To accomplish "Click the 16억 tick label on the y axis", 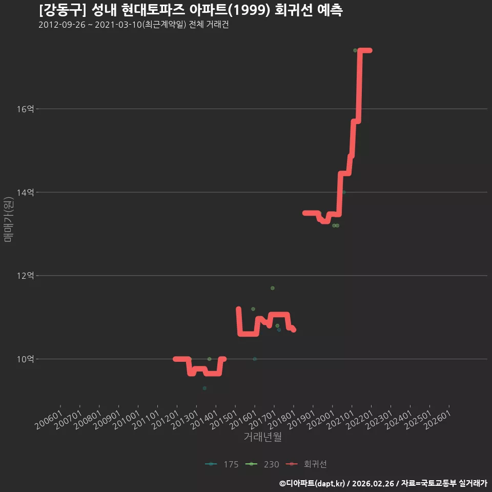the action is pyautogui.click(x=26, y=109).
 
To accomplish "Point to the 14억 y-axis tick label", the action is pyautogui.click(x=26, y=192).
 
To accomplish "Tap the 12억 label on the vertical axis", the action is pyautogui.click(x=26, y=276).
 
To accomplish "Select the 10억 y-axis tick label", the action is pyautogui.click(x=26, y=359).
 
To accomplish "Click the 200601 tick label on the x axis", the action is pyautogui.click(x=49, y=420).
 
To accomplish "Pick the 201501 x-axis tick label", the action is pyautogui.click(x=224, y=420).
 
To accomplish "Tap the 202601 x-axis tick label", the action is pyautogui.click(x=438, y=420).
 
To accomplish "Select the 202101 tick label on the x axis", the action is pyautogui.click(x=340, y=420).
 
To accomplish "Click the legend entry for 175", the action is pyautogui.click(x=221, y=464).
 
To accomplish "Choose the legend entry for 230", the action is pyautogui.click(x=262, y=464).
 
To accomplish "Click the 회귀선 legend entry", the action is pyautogui.click(x=306, y=464).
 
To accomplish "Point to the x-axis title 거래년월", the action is pyautogui.click(x=262, y=437).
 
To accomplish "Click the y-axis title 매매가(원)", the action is pyautogui.click(x=8, y=219).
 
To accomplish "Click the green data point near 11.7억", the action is pyautogui.click(x=273, y=288).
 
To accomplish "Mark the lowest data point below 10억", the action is pyautogui.click(x=204, y=388).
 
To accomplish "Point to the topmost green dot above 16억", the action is pyautogui.click(x=355, y=50).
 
